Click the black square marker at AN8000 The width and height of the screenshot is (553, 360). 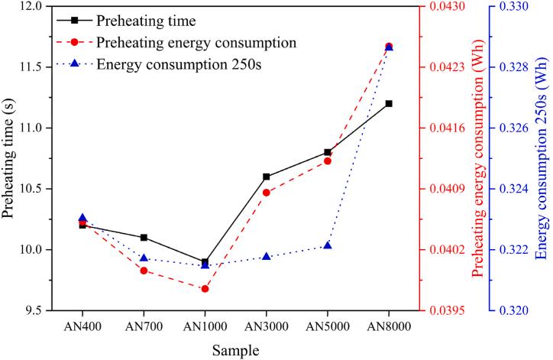click(389, 103)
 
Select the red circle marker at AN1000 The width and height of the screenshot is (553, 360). click(205, 289)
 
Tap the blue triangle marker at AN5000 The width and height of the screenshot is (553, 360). click(328, 245)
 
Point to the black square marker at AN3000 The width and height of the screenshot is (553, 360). click(266, 177)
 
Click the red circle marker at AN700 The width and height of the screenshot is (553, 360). click(143, 271)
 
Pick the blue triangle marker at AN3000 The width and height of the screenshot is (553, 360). click(266, 256)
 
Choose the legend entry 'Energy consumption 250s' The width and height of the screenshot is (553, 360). click(179, 63)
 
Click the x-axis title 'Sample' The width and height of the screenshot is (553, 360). click(235, 349)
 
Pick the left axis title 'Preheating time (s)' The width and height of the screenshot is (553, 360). click(10, 158)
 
